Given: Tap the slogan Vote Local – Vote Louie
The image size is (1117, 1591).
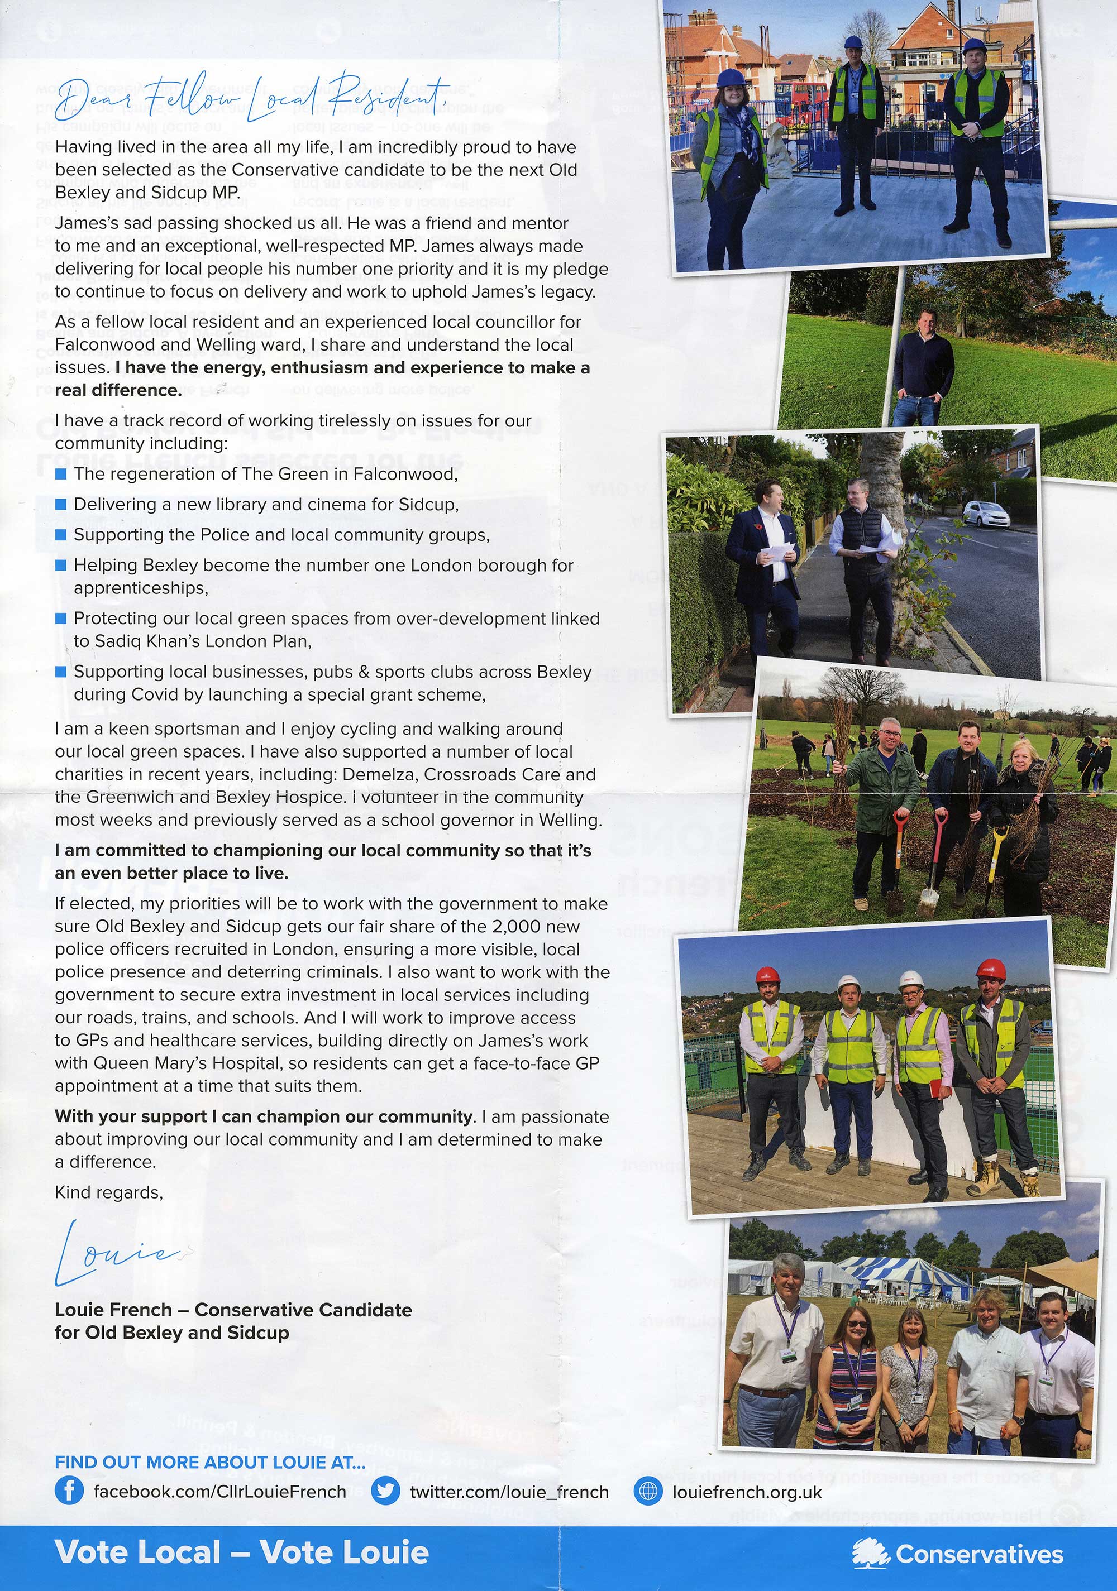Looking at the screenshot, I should [x=241, y=1552].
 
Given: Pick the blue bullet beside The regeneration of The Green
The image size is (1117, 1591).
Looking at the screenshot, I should [x=61, y=474].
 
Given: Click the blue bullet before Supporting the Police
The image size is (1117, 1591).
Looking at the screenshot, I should [x=61, y=535].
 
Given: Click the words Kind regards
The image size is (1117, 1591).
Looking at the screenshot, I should [x=109, y=1192].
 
